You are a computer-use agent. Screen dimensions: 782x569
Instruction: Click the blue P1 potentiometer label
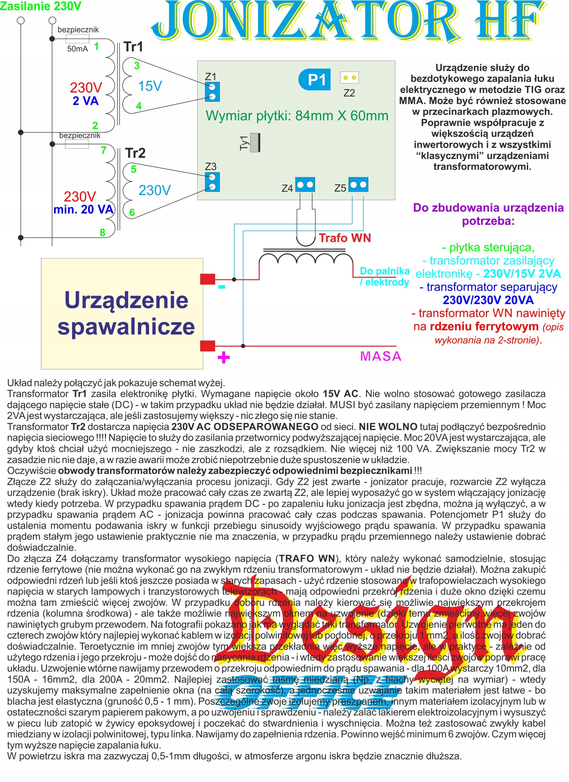click(x=314, y=80)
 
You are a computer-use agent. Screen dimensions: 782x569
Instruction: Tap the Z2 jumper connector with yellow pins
click(x=349, y=78)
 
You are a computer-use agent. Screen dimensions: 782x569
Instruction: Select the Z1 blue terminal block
click(x=212, y=91)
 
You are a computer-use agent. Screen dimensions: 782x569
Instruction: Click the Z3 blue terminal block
click(x=212, y=182)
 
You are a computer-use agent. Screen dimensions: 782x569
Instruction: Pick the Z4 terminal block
click(x=305, y=185)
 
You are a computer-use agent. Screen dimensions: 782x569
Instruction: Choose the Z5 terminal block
click(x=358, y=185)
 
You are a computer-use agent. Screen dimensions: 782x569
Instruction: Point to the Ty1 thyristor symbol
click(x=255, y=142)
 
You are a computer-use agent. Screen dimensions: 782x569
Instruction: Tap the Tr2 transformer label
click(x=135, y=153)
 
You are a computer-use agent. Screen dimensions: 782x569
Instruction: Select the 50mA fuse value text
click(x=77, y=49)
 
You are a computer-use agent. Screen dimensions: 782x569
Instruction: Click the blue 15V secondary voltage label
click(x=150, y=86)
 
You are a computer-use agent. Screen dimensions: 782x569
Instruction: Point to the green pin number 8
click(x=102, y=233)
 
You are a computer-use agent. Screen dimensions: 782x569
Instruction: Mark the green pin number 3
click(x=137, y=65)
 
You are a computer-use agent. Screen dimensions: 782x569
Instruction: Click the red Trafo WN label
click(x=344, y=238)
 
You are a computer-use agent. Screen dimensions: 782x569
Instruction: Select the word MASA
click(x=381, y=356)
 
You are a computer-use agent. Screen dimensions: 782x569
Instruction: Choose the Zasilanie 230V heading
click(x=41, y=6)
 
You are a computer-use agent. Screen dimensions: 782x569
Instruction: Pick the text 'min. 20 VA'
click(x=83, y=209)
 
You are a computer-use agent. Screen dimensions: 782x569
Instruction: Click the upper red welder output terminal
click(x=207, y=279)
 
